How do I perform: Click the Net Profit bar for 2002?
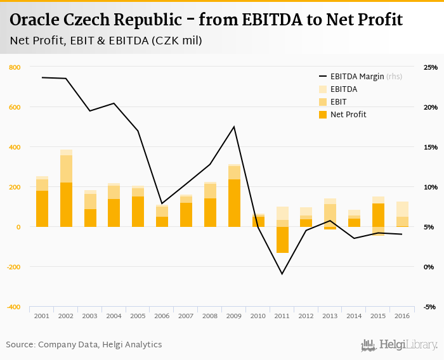66,204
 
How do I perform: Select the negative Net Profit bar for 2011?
283,240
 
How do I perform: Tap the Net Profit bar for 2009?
235,203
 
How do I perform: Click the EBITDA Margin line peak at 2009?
235,127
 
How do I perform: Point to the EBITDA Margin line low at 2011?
282,274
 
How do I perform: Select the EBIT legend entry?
339,101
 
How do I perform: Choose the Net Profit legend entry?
348,114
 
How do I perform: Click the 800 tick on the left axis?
15,67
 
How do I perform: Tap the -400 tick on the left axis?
13,307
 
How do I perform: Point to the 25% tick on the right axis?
431,67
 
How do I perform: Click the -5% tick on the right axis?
430,307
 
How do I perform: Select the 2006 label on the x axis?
162,316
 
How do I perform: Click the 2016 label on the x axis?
402,316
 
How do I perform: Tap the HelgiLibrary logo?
400,345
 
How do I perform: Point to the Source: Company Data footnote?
84,345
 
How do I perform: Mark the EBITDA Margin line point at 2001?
42,77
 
